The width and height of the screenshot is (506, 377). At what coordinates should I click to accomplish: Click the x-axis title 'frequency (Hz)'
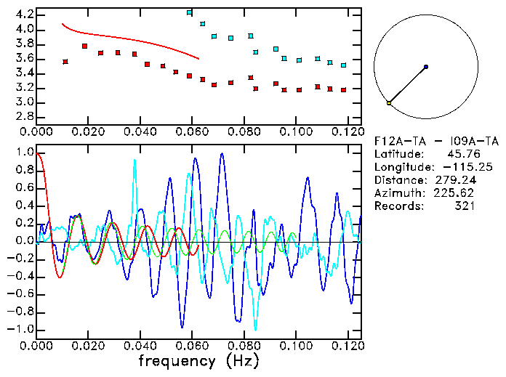(x=198, y=361)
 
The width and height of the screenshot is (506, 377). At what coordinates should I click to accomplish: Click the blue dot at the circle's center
(x=425, y=67)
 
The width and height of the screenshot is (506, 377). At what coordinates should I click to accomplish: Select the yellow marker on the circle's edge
(x=389, y=103)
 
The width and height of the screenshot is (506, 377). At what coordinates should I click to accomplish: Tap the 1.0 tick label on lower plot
(x=25, y=153)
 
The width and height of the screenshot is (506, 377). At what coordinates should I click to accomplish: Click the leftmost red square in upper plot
(x=65, y=62)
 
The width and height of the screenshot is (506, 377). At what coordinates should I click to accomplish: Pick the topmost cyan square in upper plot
(x=190, y=12)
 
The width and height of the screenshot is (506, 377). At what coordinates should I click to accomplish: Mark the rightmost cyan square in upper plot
(x=344, y=65)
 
